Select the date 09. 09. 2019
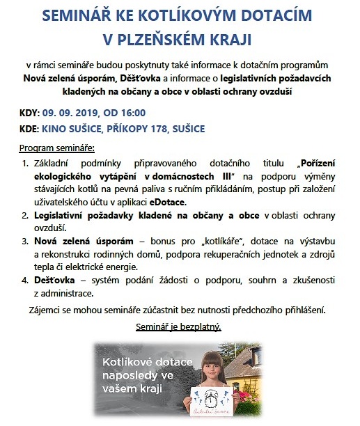pyautogui.click(x=72, y=112)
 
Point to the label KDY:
pyautogui.click(x=29, y=112)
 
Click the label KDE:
pyautogui.click(x=29, y=129)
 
